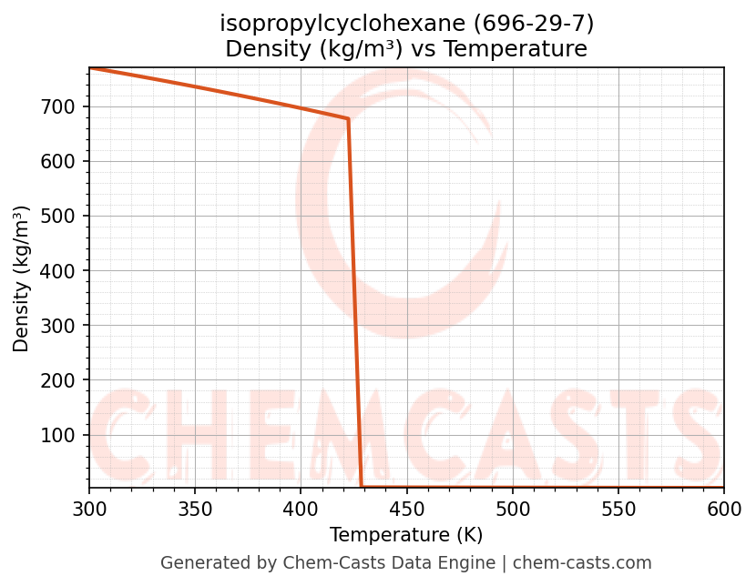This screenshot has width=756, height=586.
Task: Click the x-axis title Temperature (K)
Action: [x=406, y=535]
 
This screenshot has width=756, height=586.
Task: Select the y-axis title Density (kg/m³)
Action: [x=22, y=278]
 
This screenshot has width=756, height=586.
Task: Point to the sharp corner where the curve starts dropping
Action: [x=348, y=119]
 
